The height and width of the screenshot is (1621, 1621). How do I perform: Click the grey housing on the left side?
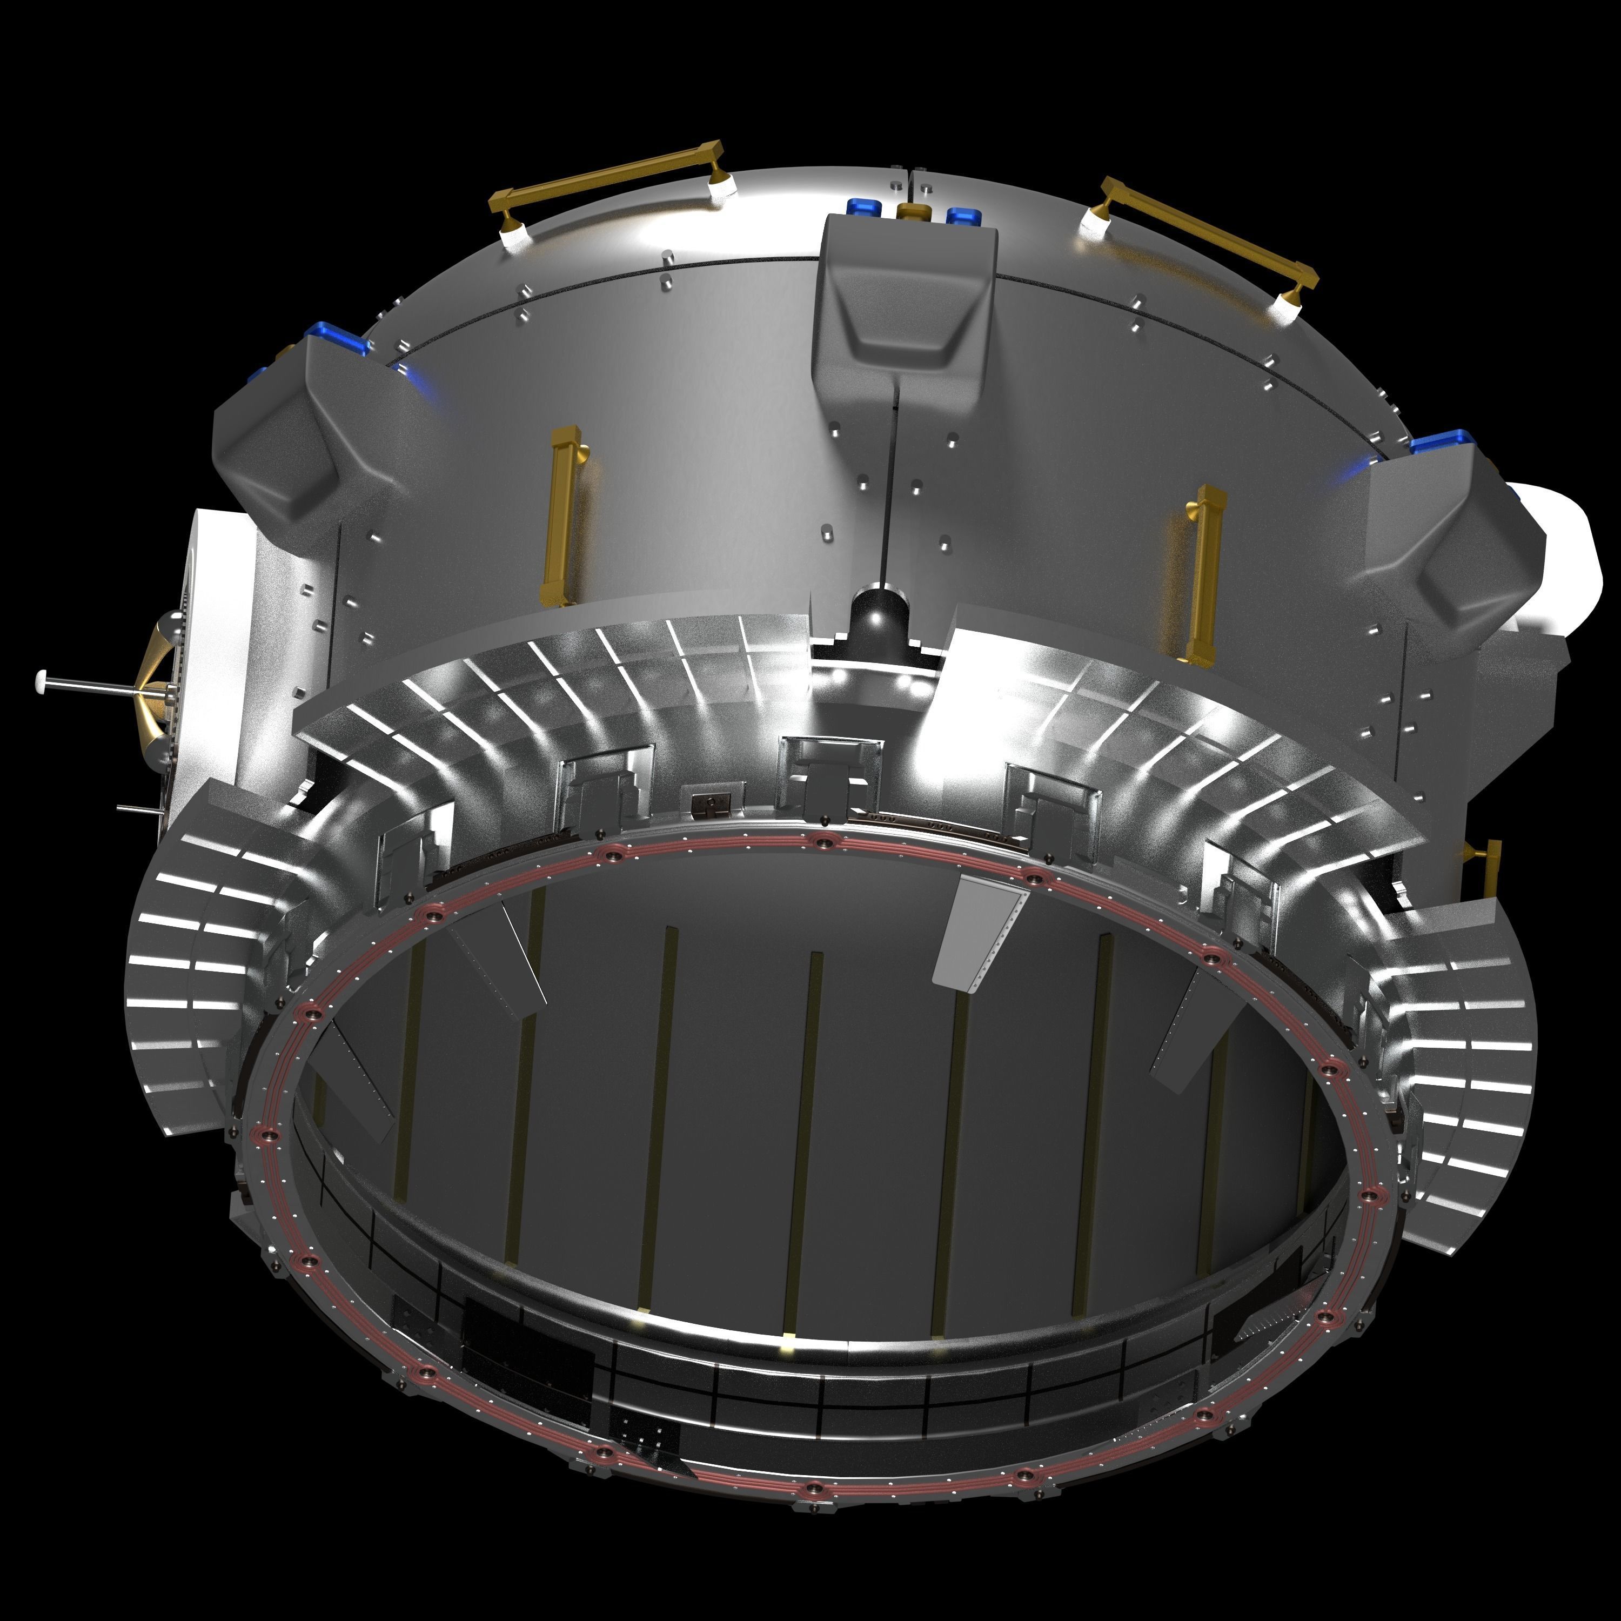coord(285,436)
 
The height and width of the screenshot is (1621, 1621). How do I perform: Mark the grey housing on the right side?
coord(1443,537)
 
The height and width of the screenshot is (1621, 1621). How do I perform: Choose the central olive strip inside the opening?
coord(801,1141)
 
